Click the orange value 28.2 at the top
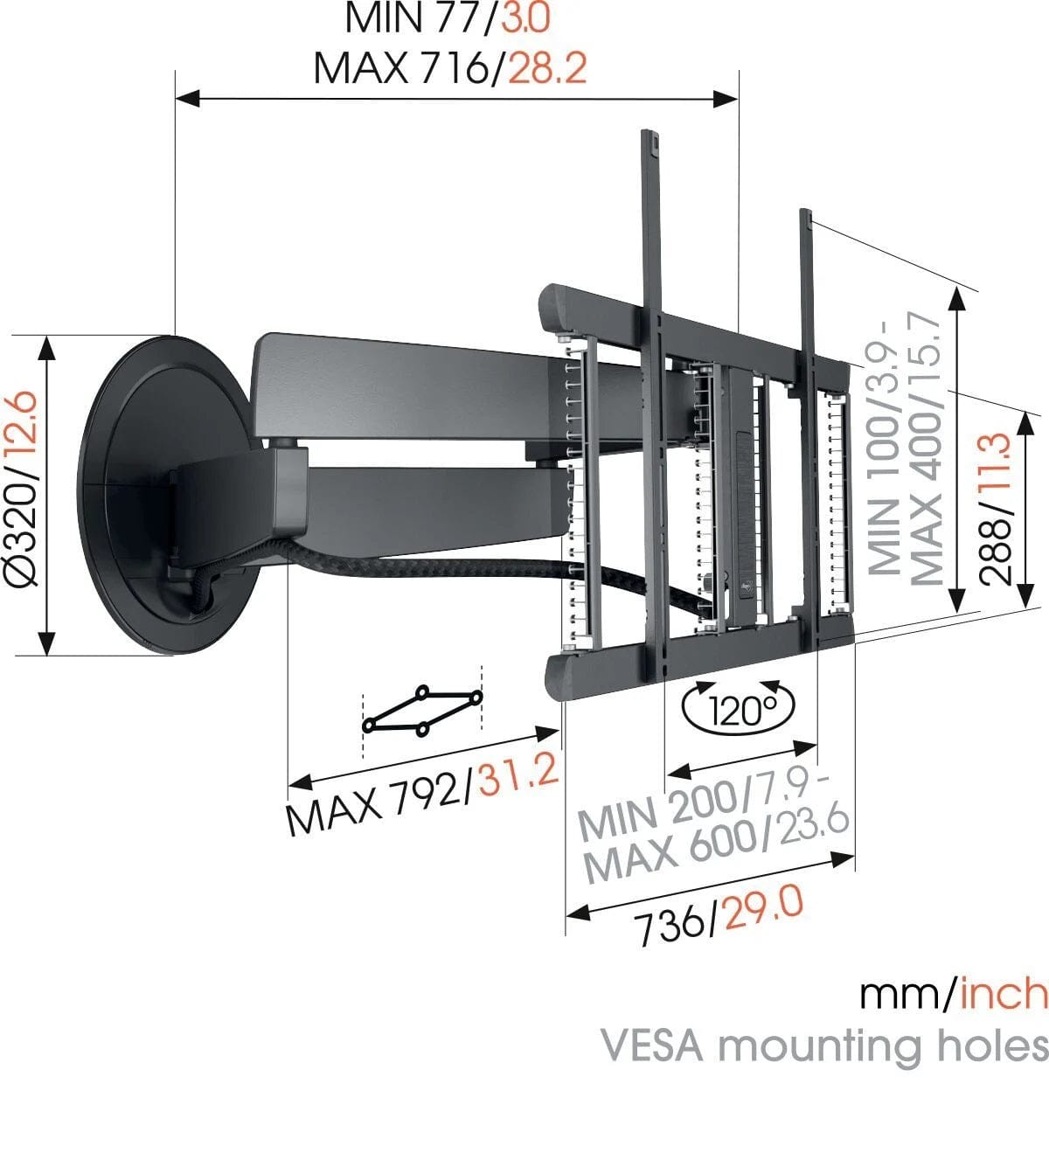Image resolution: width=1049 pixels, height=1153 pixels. [x=547, y=67]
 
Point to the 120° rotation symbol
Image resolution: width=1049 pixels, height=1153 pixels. [x=740, y=709]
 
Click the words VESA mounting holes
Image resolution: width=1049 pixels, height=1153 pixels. [x=823, y=1045]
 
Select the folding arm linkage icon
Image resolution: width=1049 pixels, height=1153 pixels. [x=422, y=710]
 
